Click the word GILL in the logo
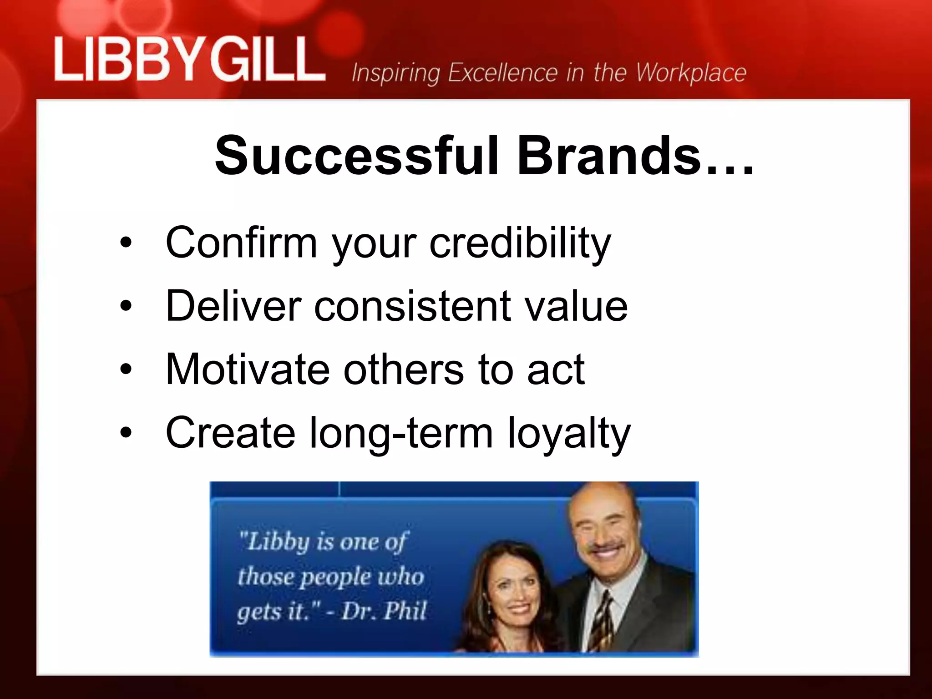tap(266, 60)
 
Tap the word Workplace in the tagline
tap(691, 73)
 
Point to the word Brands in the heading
tap(609, 155)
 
